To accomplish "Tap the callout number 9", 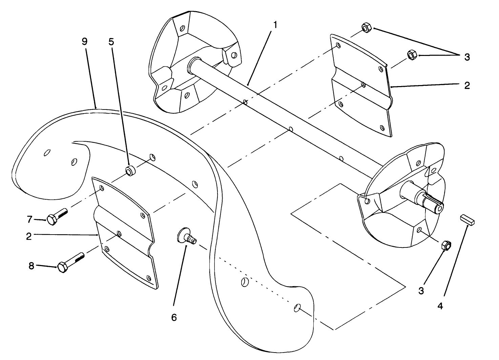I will pyautogui.click(x=84, y=41).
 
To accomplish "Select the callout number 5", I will pyautogui.click(x=111, y=41).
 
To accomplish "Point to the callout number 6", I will pyautogui.click(x=174, y=317).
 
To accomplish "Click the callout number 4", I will pyautogui.click(x=440, y=306).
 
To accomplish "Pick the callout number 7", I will pyautogui.click(x=29, y=219).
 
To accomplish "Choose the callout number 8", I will pyautogui.click(x=31, y=266).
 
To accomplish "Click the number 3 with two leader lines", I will pyautogui.click(x=467, y=57).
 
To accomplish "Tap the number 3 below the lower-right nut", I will pyautogui.click(x=421, y=291).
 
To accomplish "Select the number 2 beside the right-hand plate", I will pyautogui.click(x=467, y=85).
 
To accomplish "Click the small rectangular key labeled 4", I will pyautogui.click(x=468, y=219).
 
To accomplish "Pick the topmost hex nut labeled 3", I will pyautogui.click(x=366, y=27).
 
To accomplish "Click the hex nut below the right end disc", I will pyautogui.click(x=446, y=245).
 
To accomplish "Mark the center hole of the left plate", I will pyautogui.click(x=119, y=233).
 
